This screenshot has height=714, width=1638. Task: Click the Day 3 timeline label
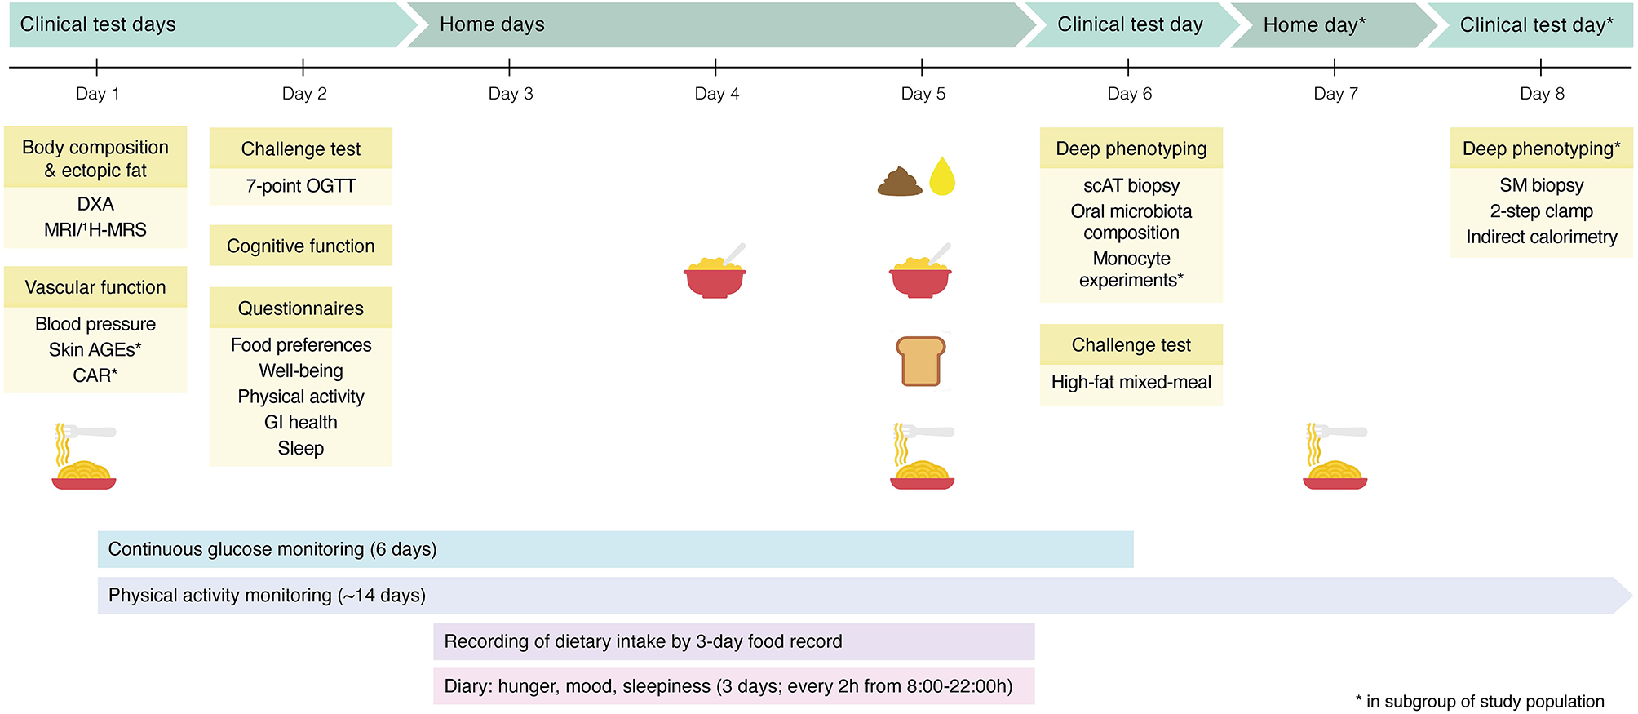pyautogui.click(x=510, y=94)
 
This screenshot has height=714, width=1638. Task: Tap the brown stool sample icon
pyautogui.click(x=900, y=181)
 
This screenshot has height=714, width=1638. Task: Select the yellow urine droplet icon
pyautogui.click(x=942, y=177)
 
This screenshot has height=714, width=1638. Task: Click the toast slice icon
pyautogui.click(x=921, y=361)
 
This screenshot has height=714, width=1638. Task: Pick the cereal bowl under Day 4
pyautogui.click(x=715, y=274)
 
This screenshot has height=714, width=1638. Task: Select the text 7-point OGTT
pyautogui.click(x=300, y=186)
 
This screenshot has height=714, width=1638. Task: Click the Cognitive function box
pyautogui.click(x=300, y=246)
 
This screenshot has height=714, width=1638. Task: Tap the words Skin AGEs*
pyautogui.click(x=95, y=350)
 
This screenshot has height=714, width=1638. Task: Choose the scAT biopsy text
pyautogui.click(x=1131, y=186)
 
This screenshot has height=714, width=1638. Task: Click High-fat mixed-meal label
pyautogui.click(x=1131, y=383)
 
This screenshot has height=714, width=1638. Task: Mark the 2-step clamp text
pyautogui.click(x=1541, y=211)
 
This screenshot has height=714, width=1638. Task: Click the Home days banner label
pyautogui.click(x=492, y=24)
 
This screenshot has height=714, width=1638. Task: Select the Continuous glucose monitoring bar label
pyautogui.click(x=272, y=549)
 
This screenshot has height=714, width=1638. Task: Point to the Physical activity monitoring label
pyautogui.click(x=267, y=596)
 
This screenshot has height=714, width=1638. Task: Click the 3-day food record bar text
pyautogui.click(x=643, y=641)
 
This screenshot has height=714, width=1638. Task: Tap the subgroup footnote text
pyautogui.click(x=1479, y=702)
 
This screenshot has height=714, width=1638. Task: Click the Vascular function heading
pyautogui.click(x=95, y=287)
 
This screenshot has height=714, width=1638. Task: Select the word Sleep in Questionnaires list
pyautogui.click(x=300, y=449)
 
